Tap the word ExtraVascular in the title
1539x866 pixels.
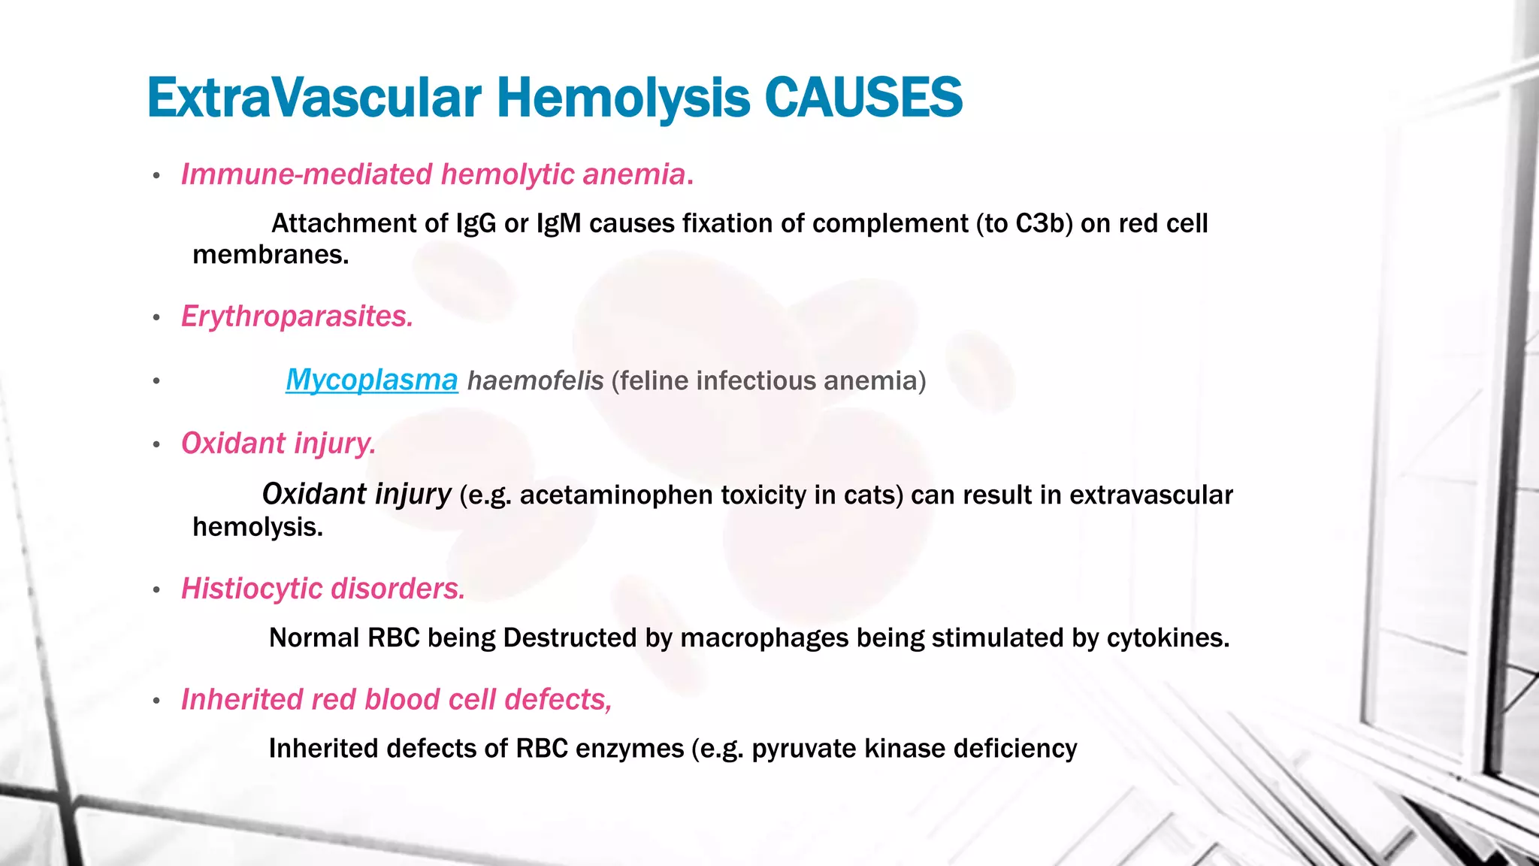coord(313,98)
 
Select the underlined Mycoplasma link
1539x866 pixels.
coord(371,380)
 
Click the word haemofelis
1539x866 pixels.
coord(535,381)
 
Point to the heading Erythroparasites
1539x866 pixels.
coord(297,316)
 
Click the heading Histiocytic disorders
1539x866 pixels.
coord(323,589)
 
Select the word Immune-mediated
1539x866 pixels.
coord(307,174)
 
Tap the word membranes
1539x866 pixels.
coord(271,255)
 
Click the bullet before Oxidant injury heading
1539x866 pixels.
coord(156,445)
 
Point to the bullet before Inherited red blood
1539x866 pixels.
coord(156,701)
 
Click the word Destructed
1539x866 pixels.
coord(570,638)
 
